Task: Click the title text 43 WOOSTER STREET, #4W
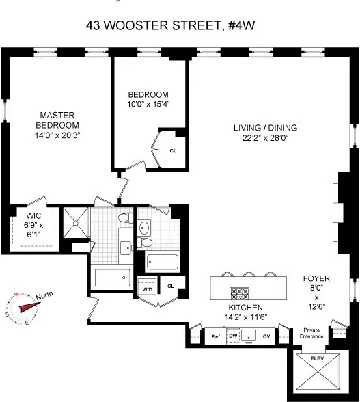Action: click(180, 26)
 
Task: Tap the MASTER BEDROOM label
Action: click(57, 120)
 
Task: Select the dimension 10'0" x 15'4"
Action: click(148, 104)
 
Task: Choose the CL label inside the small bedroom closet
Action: click(172, 152)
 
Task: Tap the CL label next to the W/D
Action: click(171, 286)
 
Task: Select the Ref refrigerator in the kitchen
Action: click(216, 336)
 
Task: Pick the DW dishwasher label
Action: click(232, 336)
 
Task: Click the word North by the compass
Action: click(45, 296)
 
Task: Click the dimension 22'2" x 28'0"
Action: click(262, 137)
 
